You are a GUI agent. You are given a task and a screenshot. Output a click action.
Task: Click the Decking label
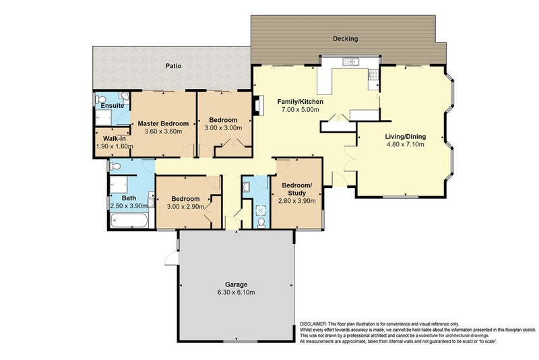coord(345,38)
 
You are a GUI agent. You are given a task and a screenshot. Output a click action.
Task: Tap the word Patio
coord(173,65)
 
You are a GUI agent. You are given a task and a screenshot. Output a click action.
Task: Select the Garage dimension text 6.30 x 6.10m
coord(236,293)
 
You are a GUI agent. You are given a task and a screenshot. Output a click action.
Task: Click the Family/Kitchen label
coord(300,101)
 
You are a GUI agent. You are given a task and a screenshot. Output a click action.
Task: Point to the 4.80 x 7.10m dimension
coord(406,144)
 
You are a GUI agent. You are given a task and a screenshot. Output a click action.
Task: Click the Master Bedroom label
coord(163,123)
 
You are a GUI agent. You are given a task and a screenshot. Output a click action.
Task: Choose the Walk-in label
coord(115,139)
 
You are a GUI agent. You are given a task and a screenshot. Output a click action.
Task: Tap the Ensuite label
coord(113,106)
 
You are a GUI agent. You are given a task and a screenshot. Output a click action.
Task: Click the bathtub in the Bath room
coord(129,220)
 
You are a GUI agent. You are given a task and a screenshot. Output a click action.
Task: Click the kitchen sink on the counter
coord(350,61)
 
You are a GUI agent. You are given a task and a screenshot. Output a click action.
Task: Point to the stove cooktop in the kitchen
coord(373,75)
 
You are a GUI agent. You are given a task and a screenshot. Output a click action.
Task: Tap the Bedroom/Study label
coord(297,189)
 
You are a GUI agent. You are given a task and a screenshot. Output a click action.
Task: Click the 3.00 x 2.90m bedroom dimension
coord(186,207)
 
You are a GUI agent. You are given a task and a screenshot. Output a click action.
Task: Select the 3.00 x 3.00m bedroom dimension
coord(223,128)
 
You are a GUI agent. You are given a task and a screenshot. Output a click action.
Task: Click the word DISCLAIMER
coord(313,324)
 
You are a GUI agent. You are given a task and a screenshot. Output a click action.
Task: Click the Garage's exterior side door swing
coord(171,259)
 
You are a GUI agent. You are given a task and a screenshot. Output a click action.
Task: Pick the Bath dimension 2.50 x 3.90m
coord(129,206)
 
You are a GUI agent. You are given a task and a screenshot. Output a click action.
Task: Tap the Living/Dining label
coord(406,136)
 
